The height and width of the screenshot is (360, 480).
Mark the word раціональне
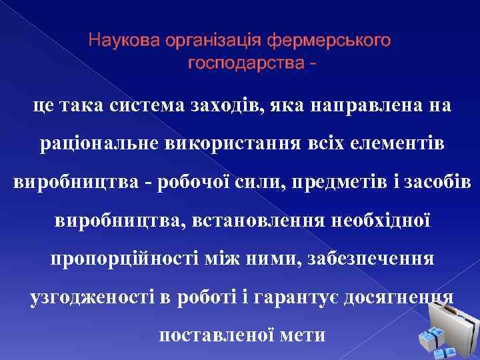pos(96,143)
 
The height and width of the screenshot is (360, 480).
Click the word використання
pos(237,143)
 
